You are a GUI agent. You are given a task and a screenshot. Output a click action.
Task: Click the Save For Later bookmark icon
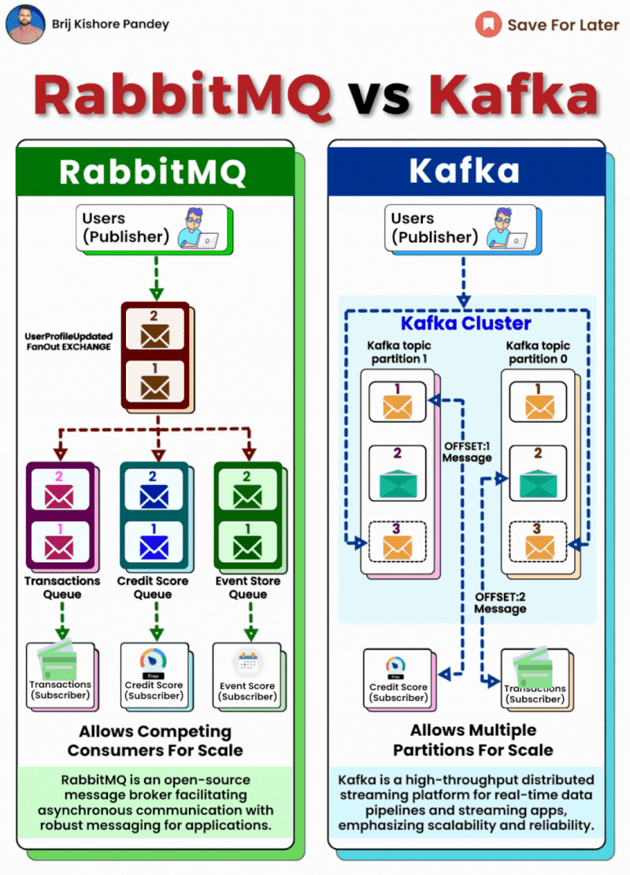pyautogui.click(x=488, y=24)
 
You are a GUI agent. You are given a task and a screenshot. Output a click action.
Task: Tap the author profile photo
pyautogui.click(x=25, y=24)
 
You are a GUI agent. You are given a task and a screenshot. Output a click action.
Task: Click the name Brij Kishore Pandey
pyautogui.click(x=110, y=24)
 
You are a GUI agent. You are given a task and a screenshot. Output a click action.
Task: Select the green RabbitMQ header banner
pyautogui.click(x=155, y=171)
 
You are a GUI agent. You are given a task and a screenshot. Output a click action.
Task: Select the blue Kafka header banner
pyautogui.click(x=465, y=171)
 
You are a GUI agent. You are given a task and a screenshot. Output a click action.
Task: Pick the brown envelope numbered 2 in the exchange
pyautogui.click(x=155, y=331)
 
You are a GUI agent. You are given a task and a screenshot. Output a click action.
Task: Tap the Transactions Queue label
pyautogui.click(x=62, y=588)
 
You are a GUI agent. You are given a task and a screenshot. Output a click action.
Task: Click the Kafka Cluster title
pyautogui.click(x=465, y=324)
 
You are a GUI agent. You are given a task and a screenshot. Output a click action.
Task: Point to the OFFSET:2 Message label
pyautogui.click(x=499, y=602)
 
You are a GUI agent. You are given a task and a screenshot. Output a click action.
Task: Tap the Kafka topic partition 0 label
pyautogui.click(x=539, y=352)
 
